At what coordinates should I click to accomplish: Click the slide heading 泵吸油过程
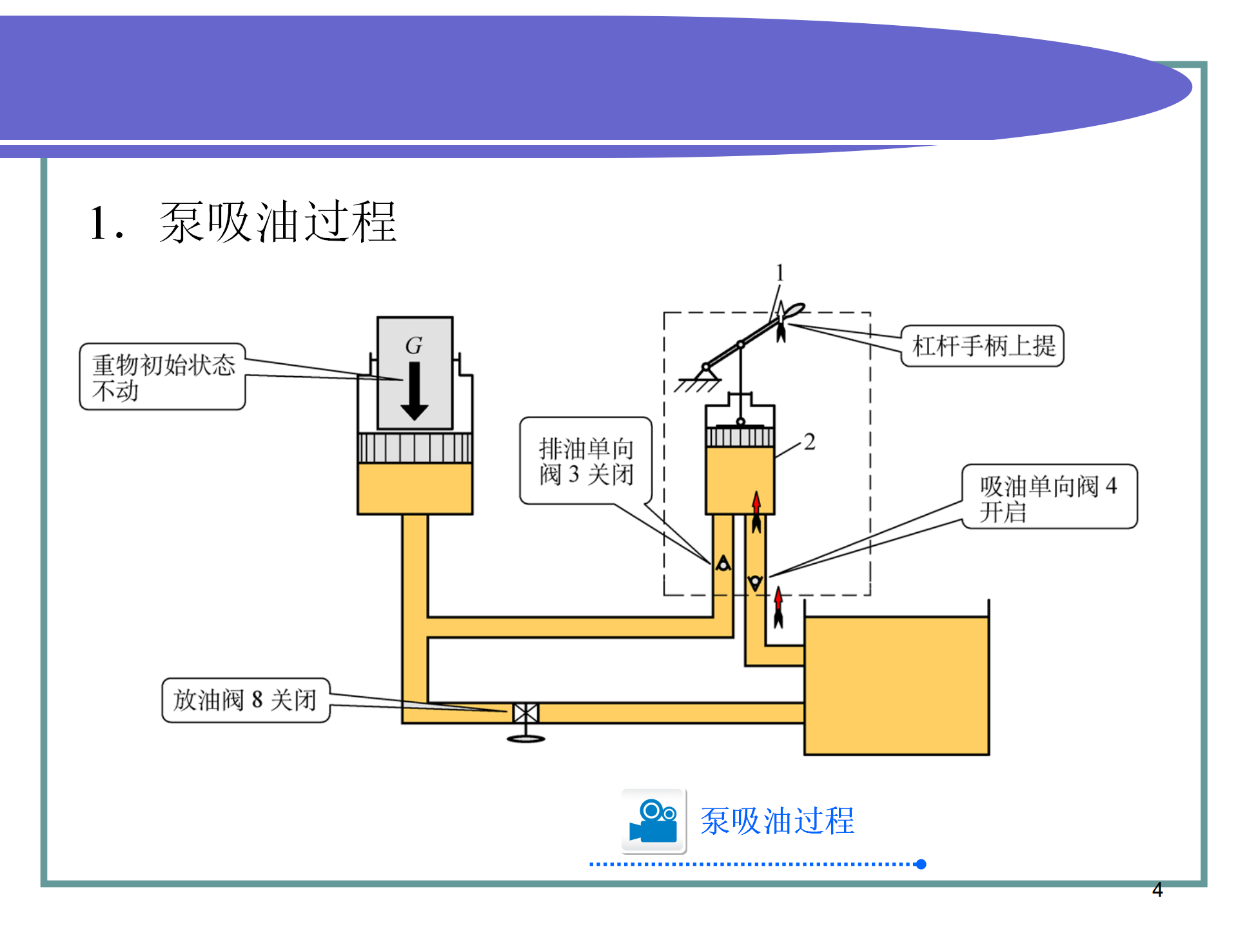point(277,223)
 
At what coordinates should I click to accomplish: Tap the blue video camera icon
point(653,821)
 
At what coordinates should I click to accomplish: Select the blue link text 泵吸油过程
point(777,821)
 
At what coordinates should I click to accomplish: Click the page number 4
point(1157,890)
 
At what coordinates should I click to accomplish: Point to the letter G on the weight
point(414,346)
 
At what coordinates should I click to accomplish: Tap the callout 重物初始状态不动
point(162,377)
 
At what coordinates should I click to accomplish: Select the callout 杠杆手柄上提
point(983,346)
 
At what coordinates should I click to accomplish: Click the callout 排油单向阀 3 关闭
point(586,461)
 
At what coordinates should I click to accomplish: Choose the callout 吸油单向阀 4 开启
point(1049,497)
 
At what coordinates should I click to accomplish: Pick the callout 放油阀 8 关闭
point(246,700)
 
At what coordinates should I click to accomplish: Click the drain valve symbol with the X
point(526,713)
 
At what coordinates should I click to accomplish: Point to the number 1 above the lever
point(780,273)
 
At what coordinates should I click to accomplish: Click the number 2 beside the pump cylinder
point(810,442)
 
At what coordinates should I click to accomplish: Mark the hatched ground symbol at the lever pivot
point(698,384)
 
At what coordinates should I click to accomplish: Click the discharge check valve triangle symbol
point(723,564)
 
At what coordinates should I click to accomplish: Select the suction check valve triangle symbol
point(755,583)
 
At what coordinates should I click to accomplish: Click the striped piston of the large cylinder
point(415,448)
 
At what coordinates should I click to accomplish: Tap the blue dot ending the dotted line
point(921,864)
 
